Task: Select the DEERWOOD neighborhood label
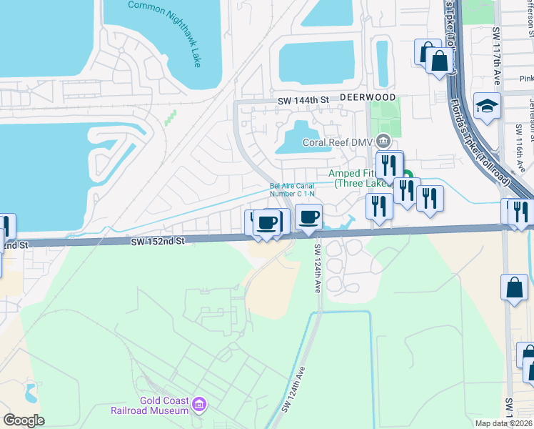point(367,97)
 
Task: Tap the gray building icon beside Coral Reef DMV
point(384,141)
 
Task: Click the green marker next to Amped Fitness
point(408,176)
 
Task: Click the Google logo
point(23,420)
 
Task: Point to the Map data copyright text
point(503,423)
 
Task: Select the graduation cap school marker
point(488,106)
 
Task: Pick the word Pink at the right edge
point(527,78)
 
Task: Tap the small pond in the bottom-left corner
point(31,391)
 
